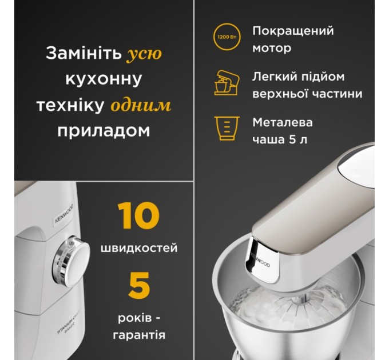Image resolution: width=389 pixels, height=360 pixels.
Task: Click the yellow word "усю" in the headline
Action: point(144,54)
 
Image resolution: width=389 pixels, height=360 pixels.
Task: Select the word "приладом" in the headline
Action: point(104,130)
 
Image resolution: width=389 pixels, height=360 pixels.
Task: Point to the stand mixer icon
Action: point(225,83)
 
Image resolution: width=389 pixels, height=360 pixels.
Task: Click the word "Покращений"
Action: point(293,31)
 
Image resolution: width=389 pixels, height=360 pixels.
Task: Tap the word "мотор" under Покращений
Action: point(272,48)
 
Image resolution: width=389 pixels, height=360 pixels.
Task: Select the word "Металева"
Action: point(283,122)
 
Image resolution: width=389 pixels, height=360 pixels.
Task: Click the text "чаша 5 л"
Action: point(280,139)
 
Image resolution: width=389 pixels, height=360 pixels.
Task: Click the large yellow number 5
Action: point(139,286)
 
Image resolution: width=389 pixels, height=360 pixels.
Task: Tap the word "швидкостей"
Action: point(139,249)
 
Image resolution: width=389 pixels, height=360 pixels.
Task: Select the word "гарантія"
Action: point(139,335)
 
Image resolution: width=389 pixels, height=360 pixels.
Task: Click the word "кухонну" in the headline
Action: point(104,79)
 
